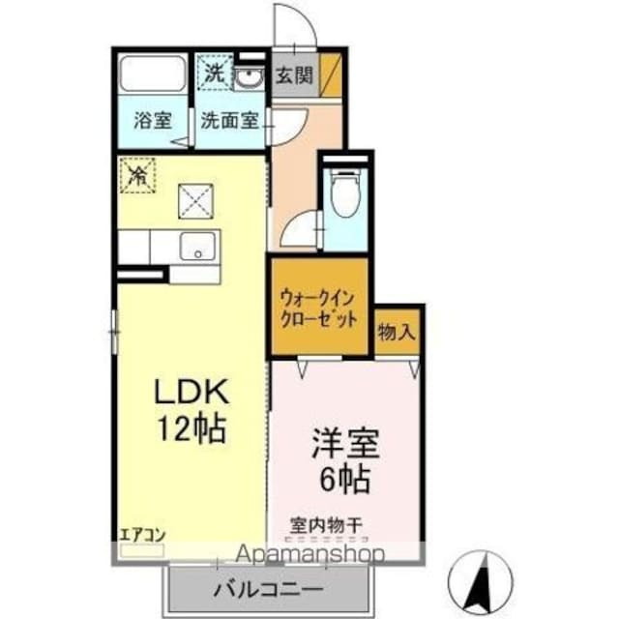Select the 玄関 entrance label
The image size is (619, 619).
point(291,75)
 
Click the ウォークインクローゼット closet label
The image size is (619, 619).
point(318,308)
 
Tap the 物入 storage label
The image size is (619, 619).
point(397,332)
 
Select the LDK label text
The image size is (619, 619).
point(194,392)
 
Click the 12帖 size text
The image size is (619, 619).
point(194,427)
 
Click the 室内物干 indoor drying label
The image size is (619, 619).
point(326,526)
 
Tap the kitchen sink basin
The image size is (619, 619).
point(198,248)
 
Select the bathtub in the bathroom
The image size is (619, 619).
point(153,74)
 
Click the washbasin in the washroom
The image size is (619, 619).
point(250,76)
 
